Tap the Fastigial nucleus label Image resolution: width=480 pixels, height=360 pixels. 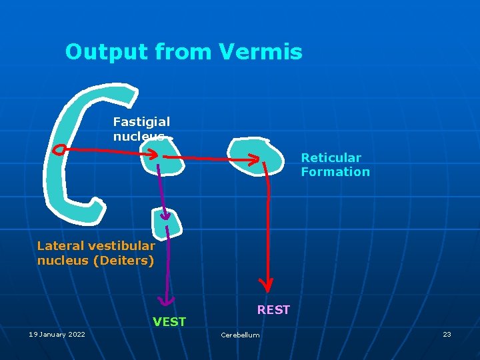(x=141, y=129)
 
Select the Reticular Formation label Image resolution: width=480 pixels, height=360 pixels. (x=335, y=165)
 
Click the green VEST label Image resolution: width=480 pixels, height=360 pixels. (x=169, y=322)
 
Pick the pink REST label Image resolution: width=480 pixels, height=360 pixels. (x=273, y=310)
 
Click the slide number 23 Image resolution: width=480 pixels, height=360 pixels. (x=447, y=334)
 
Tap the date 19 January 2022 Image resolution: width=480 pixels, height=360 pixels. (x=57, y=334)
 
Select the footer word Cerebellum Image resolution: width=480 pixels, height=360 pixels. (x=240, y=335)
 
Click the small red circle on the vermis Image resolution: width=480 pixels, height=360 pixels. (x=59, y=150)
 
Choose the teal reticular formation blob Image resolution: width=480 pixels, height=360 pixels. (x=257, y=158)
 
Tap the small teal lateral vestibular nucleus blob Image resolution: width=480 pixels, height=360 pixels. (x=167, y=222)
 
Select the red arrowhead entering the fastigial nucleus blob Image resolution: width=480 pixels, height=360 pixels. (x=152, y=155)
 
